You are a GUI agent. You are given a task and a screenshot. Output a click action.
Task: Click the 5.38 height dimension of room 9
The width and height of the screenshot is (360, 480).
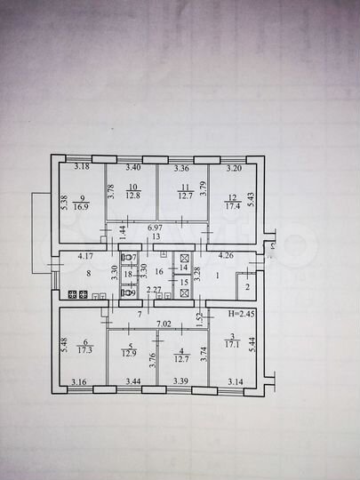pyautogui.click(x=65, y=204)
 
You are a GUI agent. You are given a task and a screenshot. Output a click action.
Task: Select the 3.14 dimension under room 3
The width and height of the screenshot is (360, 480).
pyautogui.click(x=236, y=382)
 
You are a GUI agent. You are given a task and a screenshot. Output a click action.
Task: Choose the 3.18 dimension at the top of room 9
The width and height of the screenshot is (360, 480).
pyautogui.click(x=82, y=166)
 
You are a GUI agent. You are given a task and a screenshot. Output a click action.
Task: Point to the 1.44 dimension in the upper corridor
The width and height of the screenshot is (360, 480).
pyautogui.click(x=121, y=229)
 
